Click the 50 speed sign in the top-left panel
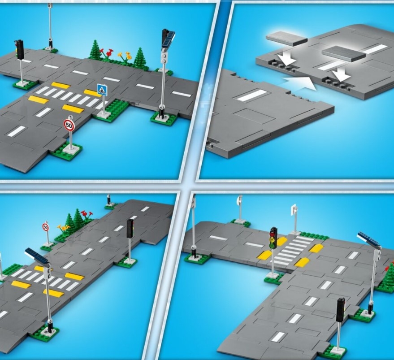point(69,125)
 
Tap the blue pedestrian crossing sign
point(102,90)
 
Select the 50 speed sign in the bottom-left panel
point(46,227)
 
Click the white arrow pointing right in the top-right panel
point(299,82)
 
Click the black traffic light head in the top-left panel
point(19,49)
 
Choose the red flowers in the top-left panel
point(106,53)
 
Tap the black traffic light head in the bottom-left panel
point(130,228)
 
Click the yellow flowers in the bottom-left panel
point(63,227)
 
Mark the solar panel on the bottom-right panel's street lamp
point(368,238)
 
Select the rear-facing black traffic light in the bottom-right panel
point(341,310)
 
